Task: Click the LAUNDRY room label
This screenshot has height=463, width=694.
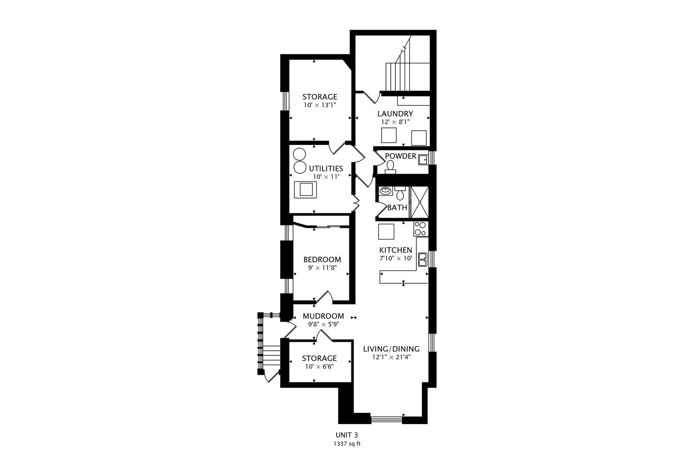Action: tap(395, 114)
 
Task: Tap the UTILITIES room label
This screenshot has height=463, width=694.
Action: tap(326, 168)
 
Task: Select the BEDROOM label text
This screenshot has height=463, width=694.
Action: tap(322, 259)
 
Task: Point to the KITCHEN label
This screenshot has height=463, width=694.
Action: tap(396, 250)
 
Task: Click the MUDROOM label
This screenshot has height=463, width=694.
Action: tap(323, 316)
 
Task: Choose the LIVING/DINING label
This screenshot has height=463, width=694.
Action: tap(391, 349)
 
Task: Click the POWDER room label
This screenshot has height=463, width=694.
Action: tap(401, 156)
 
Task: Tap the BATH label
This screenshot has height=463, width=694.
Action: tap(397, 207)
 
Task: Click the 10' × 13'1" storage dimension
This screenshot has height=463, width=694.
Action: tap(320, 105)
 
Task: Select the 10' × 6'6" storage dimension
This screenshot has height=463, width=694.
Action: tap(319, 366)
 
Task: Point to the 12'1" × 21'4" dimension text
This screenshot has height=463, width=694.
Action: tap(391, 357)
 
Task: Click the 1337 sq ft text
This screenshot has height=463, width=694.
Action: tap(347, 444)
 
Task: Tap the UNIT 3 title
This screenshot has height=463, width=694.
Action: tap(347, 435)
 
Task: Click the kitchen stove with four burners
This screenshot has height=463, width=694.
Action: tap(421, 229)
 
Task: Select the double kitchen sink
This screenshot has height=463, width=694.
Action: tap(422, 259)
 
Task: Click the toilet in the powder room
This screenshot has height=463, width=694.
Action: tap(390, 167)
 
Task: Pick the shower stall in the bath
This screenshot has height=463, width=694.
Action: tap(419, 202)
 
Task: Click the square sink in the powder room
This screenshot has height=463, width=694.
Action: tap(422, 160)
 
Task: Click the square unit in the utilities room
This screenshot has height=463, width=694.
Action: tap(306, 190)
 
